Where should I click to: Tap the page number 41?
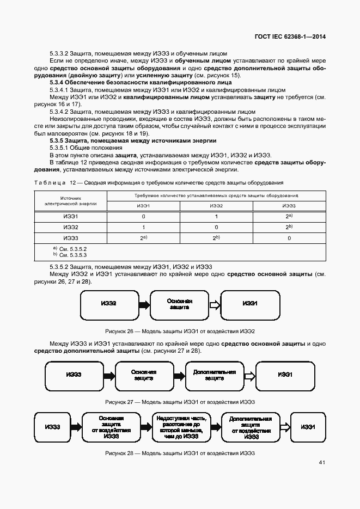(x=322, y=462)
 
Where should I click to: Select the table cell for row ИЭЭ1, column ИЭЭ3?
(x=289, y=216)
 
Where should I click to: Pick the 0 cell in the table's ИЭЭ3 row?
(x=289, y=238)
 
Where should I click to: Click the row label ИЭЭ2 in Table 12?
(x=71, y=227)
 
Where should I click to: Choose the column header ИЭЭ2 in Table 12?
(x=216, y=206)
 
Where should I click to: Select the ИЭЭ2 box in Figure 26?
(x=108, y=303)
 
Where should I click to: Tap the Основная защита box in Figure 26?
(x=179, y=304)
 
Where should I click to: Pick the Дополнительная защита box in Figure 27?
(x=215, y=375)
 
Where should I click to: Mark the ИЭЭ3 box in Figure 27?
(x=74, y=375)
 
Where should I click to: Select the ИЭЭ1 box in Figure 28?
(x=309, y=427)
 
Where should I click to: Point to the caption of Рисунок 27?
(x=180, y=402)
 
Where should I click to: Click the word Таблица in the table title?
(x=50, y=182)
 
